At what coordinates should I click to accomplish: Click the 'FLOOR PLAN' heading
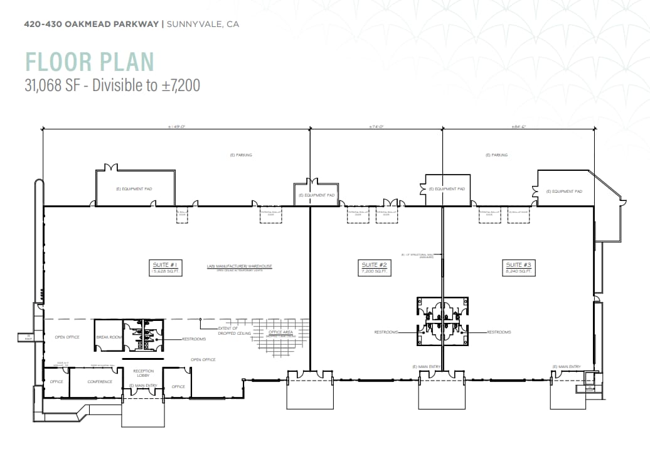90,62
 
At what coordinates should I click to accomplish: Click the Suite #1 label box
166,268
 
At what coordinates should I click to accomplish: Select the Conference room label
100,381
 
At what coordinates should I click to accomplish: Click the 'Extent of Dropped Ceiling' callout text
228,330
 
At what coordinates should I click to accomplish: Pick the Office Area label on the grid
279,332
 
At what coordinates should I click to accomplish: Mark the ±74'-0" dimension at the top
376,127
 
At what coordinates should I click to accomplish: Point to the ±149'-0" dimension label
177,127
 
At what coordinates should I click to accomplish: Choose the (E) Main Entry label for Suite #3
567,366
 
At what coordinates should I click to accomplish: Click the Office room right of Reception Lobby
178,386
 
